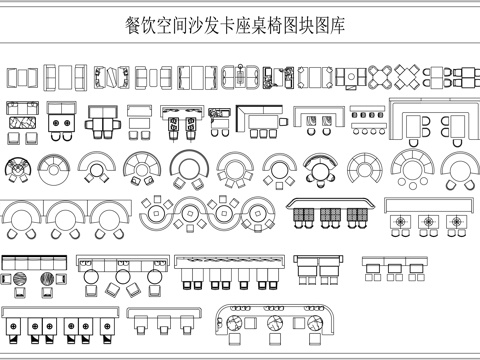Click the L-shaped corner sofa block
coord(260,120)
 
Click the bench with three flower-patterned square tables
coord(428,218)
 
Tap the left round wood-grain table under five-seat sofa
coord(18,283)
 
